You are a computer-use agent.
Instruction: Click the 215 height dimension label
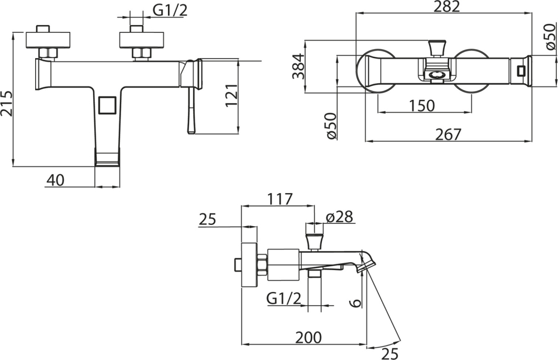(x=6, y=104)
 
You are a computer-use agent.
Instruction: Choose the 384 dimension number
(x=299, y=66)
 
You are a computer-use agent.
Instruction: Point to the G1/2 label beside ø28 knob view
(x=284, y=298)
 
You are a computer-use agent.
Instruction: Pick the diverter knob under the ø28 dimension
(x=314, y=242)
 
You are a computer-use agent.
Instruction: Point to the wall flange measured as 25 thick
(x=249, y=265)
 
